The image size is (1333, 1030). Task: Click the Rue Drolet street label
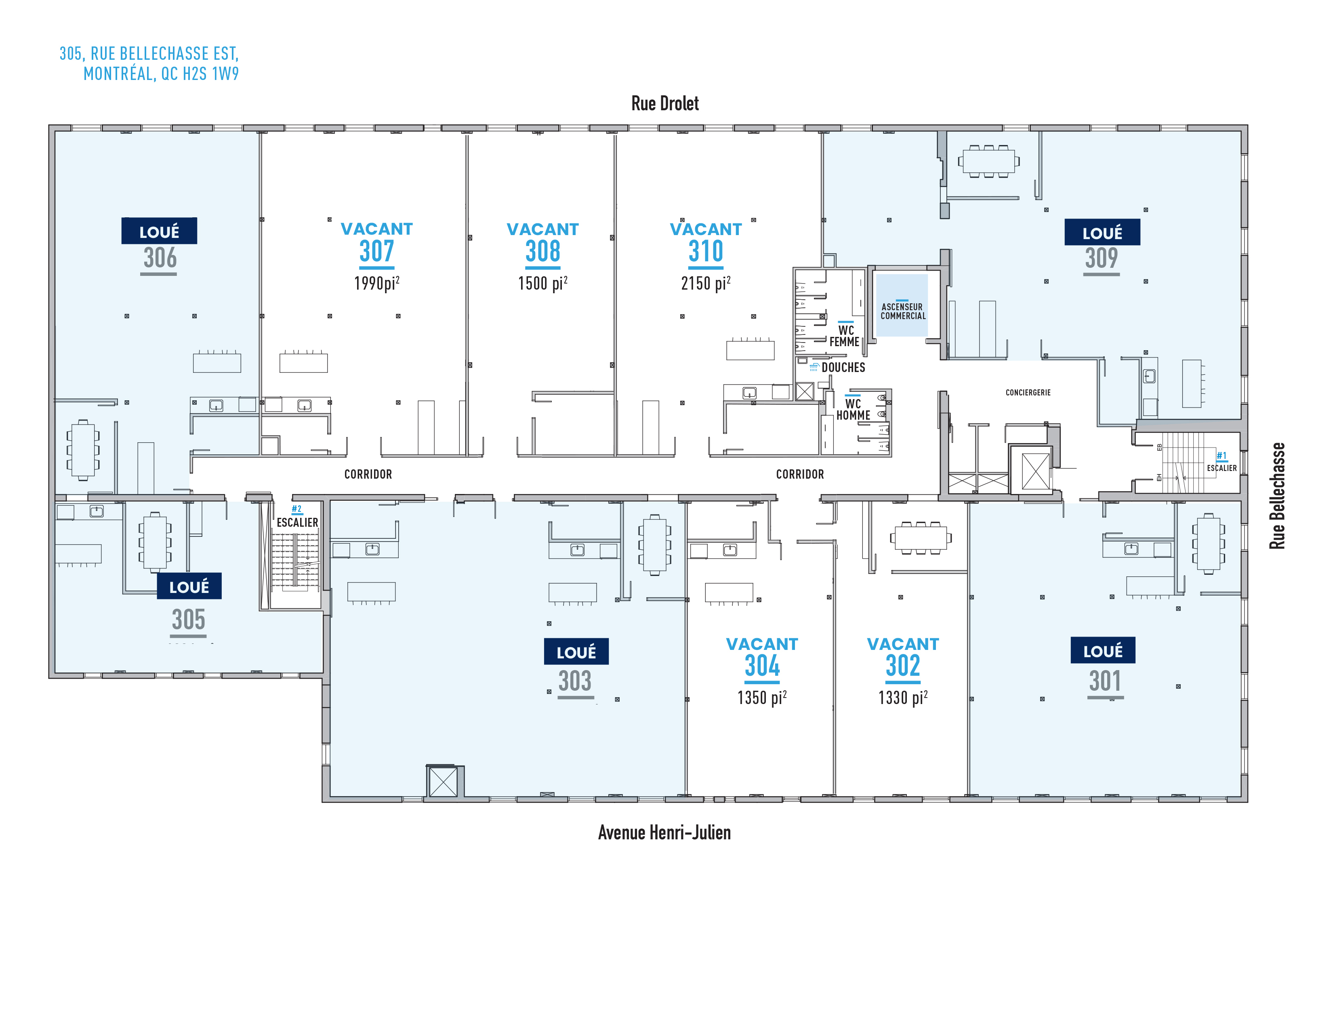[664, 104]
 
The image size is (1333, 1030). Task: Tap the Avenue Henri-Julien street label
[664, 832]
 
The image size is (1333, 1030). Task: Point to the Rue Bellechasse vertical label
[1277, 496]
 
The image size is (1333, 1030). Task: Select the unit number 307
[376, 251]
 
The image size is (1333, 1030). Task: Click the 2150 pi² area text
[706, 283]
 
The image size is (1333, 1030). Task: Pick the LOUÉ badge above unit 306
[159, 231]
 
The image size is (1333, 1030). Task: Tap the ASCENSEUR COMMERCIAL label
[903, 311]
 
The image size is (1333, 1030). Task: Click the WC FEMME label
[845, 336]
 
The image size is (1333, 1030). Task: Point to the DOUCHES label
[843, 367]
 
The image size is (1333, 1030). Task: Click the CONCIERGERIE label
[1028, 392]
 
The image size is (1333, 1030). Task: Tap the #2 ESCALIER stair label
[297, 517]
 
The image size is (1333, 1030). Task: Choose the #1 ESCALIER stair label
[1221, 462]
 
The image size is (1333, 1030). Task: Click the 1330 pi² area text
[903, 698]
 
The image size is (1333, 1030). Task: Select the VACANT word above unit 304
[762, 644]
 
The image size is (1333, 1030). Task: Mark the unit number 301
[1105, 681]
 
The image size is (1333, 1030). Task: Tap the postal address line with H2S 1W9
[161, 74]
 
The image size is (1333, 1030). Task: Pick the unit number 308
[542, 251]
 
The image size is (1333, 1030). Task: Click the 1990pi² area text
[376, 283]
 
